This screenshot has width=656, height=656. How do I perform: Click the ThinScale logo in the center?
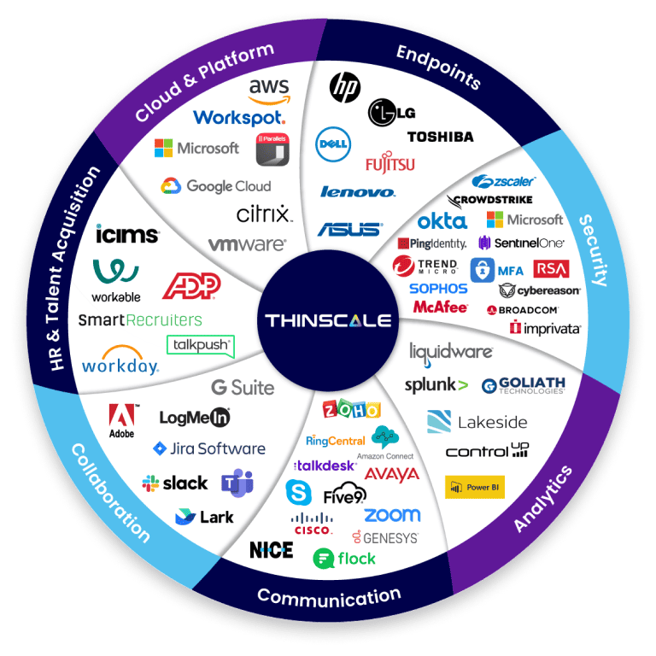point(328,321)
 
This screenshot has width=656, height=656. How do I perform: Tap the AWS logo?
point(269,90)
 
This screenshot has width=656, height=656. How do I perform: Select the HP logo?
point(344,85)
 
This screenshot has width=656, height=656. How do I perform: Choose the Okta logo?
point(442,221)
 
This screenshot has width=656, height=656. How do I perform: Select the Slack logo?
point(175,483)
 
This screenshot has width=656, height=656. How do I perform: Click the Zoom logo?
point(392,515)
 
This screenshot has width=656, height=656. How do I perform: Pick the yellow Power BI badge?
point(475,487)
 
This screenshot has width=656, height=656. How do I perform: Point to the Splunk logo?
point(436,385)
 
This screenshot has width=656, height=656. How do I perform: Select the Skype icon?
point(298,492)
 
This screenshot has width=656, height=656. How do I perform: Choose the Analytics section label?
point(543,500)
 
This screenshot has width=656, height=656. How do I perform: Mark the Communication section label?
point(329,595)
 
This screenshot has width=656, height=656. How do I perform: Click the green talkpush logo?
point(200,345)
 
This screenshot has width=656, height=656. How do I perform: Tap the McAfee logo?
point(440,307)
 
